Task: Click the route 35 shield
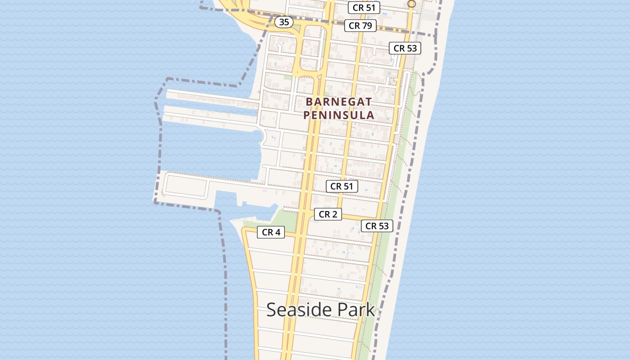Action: point(284,22)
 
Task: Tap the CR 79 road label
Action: point(360,26)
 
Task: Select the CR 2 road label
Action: point(328,215)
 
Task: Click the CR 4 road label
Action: point(271,232)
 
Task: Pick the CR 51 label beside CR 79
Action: point(364,8)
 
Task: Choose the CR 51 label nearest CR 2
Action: point(342,186)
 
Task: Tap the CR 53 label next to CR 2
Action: point(377,226)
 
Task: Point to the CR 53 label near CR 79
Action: point(405,48)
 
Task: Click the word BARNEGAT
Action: point(339,102)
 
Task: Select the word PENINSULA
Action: point(339,115)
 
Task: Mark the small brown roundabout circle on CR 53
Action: point(411,4)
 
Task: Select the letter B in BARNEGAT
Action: point(309,102)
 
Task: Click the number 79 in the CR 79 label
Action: point(366,26)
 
